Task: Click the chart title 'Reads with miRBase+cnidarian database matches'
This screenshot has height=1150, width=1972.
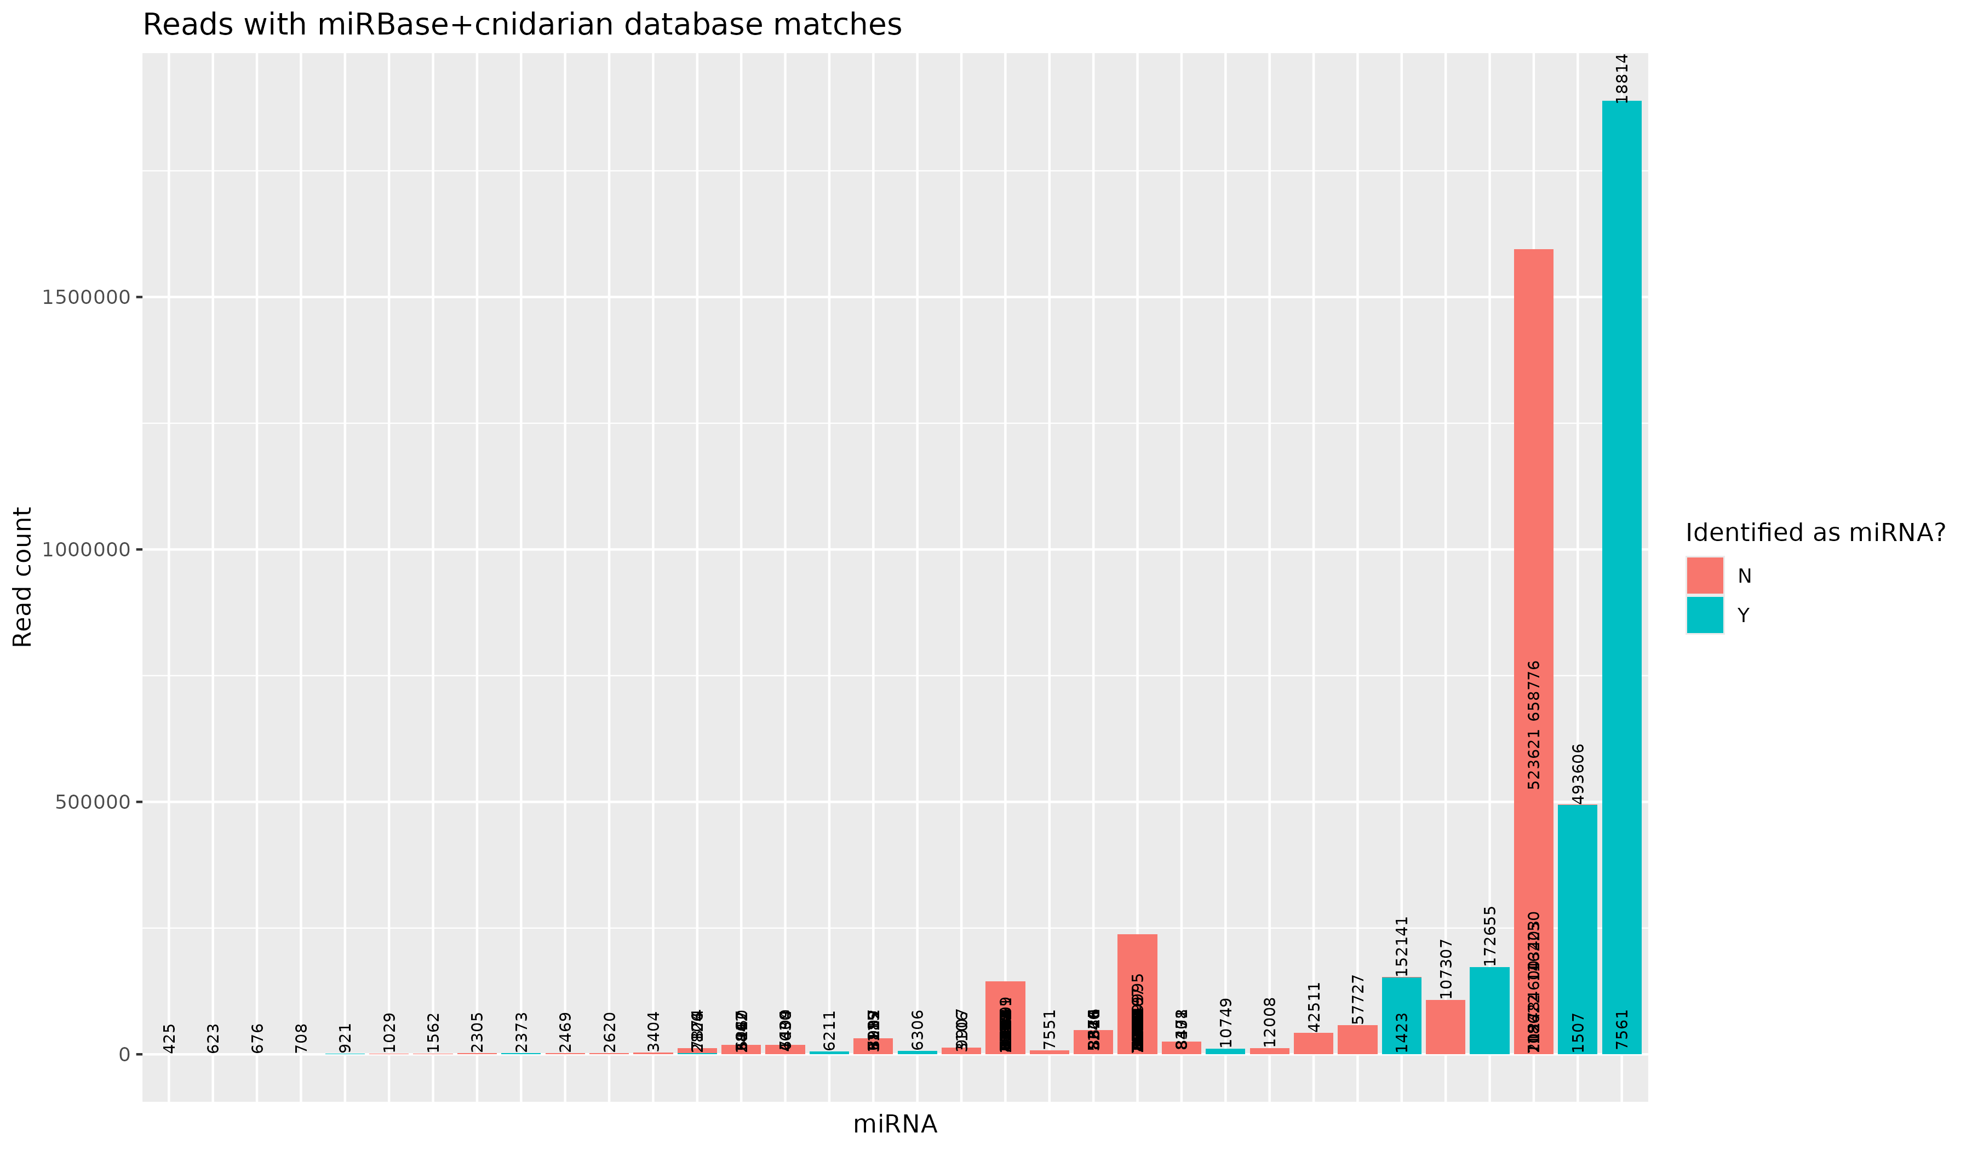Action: (522, 25)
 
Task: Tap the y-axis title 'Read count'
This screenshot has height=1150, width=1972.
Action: (24, 577)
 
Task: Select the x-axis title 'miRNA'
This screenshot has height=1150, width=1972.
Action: (895, 1124)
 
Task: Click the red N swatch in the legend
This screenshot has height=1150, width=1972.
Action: (1704, 576)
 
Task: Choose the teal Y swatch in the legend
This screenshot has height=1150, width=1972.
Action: (1704, 616)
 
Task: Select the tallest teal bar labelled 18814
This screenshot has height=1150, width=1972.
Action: (1621, 548)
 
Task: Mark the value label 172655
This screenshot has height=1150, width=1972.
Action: (1490, 936)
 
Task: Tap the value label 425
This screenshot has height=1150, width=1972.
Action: (170, 1038)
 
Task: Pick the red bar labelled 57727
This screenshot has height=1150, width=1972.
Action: (1357, 1040)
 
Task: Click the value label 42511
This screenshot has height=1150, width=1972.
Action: (1314, 1007)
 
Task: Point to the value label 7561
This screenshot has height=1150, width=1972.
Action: (1621, 1030)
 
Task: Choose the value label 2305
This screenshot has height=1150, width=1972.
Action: (477, 1033)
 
